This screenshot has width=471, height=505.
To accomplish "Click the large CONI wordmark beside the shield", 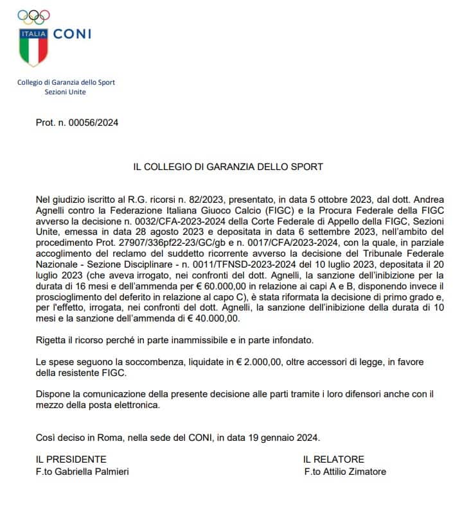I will pyautogui.click(x=72, y=34).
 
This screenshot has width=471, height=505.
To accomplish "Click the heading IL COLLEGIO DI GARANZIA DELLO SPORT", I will pyautogui.click(x=228, y=167).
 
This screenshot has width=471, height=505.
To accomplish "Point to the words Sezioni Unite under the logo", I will pyautogui.click(x=65, y=92).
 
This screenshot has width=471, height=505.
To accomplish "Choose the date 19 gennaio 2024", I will pyautogui.click(x=282, y=438).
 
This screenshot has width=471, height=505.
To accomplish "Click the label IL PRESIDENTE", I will pyautogui.click(x=71, y=459).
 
